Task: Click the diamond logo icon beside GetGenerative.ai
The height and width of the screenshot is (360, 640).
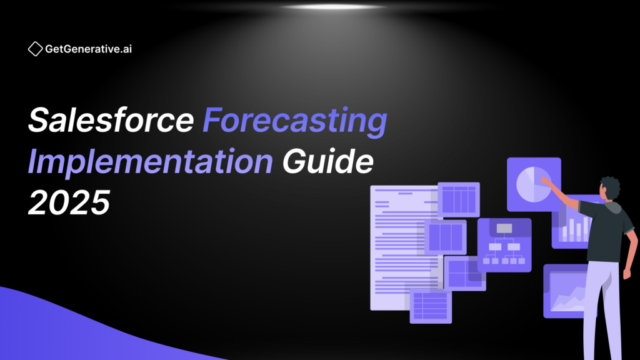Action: tap(35, 49)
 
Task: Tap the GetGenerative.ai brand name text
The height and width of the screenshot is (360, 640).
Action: tap(88, 49)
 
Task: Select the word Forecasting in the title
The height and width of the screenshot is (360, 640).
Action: tap(295, 121)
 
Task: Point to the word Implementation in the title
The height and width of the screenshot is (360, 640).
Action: tap(150, 162)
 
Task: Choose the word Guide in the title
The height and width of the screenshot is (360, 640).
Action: tap(327, 161)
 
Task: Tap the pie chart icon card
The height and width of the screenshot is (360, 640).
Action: tap(534, 184)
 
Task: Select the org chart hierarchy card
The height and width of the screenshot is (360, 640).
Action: tap(504, 245)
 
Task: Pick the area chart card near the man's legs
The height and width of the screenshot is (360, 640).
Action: tap(565, 291)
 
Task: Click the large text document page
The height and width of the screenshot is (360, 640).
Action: tap(404, 247)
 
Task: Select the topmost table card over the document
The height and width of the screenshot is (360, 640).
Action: tap(459, 199)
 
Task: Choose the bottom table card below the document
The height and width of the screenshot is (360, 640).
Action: tap(431, 306)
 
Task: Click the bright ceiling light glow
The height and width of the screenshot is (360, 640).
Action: tap(332, 7)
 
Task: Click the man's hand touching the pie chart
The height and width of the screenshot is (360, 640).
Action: tap(545, 179)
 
